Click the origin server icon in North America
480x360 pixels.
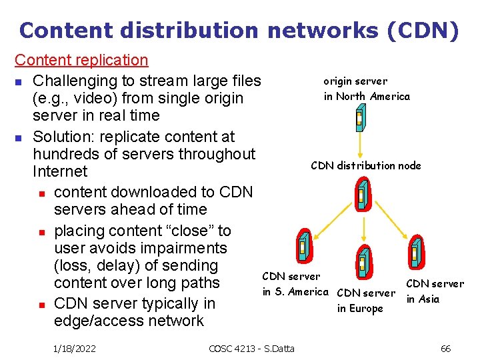click(x=359, y=119)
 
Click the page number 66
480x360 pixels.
click(x=446, y=348)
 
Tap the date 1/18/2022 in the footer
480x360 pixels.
click(x=74, y=348)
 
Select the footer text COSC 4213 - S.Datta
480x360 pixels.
click(x=252, y=348)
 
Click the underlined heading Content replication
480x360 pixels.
click(x=81, y=60)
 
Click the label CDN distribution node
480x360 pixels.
click(x=366, y=165)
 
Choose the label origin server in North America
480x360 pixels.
click(x=367, y=89)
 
